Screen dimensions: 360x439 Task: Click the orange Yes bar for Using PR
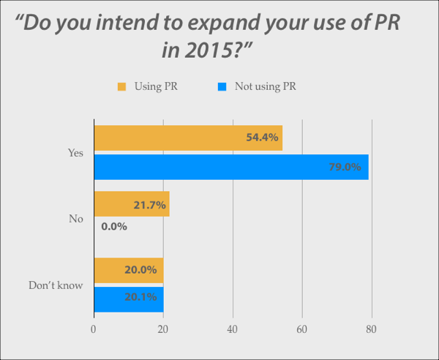[x=187, y=138]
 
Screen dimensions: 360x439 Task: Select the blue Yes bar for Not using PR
[x=230, y=167]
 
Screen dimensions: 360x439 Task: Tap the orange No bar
[x=131, y=204]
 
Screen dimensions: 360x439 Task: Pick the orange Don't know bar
[x=128, y=269]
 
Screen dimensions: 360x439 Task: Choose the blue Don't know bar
[x=128, y=298]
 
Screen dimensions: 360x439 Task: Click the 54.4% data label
[x=262, y=138]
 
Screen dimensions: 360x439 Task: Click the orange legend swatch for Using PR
[x=122, y=86]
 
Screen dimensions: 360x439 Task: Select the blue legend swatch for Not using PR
[x=222, y=86]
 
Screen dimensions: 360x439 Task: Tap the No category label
[x=76, y=218]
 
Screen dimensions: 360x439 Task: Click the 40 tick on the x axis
[x=233, y=329]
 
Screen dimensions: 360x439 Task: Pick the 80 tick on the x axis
[x=372, y=329]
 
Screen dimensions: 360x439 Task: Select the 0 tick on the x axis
[x=94, y=329]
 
